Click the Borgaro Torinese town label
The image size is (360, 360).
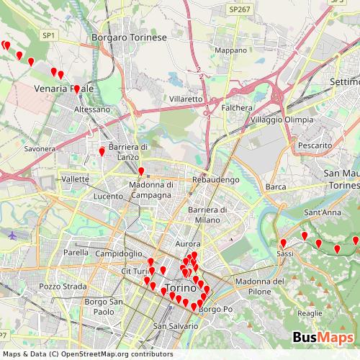coord(130,37)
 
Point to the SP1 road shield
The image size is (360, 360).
coord(48,35)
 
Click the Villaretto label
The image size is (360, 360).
coord(186,98)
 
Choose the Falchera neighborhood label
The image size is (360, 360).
coord(237,107)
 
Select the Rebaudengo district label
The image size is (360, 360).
coord(210,179)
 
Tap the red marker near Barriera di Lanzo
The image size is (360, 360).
coord(102,152)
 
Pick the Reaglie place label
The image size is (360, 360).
coord(310,313)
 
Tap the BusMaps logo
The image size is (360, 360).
coord(323,338)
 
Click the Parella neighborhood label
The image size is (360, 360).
coord(76,253)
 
